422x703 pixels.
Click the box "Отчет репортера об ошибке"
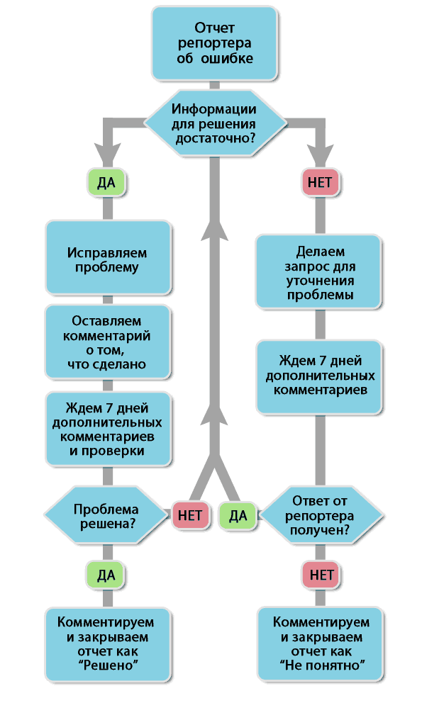[214, 43]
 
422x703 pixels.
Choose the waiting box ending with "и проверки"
[109, 429]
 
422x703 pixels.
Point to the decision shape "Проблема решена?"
[105, 516]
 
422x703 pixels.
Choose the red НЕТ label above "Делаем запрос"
[321, 183]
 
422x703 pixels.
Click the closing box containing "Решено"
[109, 643]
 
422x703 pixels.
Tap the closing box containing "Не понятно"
[321, 643]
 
